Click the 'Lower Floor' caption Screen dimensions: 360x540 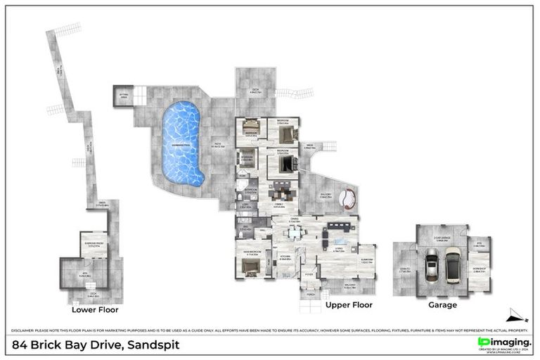(x=95, y=309)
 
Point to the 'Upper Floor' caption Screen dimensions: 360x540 (x=349, y=305)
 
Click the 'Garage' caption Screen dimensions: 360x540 (x=443, y=305)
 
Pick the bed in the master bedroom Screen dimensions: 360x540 (x=250, y=266)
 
